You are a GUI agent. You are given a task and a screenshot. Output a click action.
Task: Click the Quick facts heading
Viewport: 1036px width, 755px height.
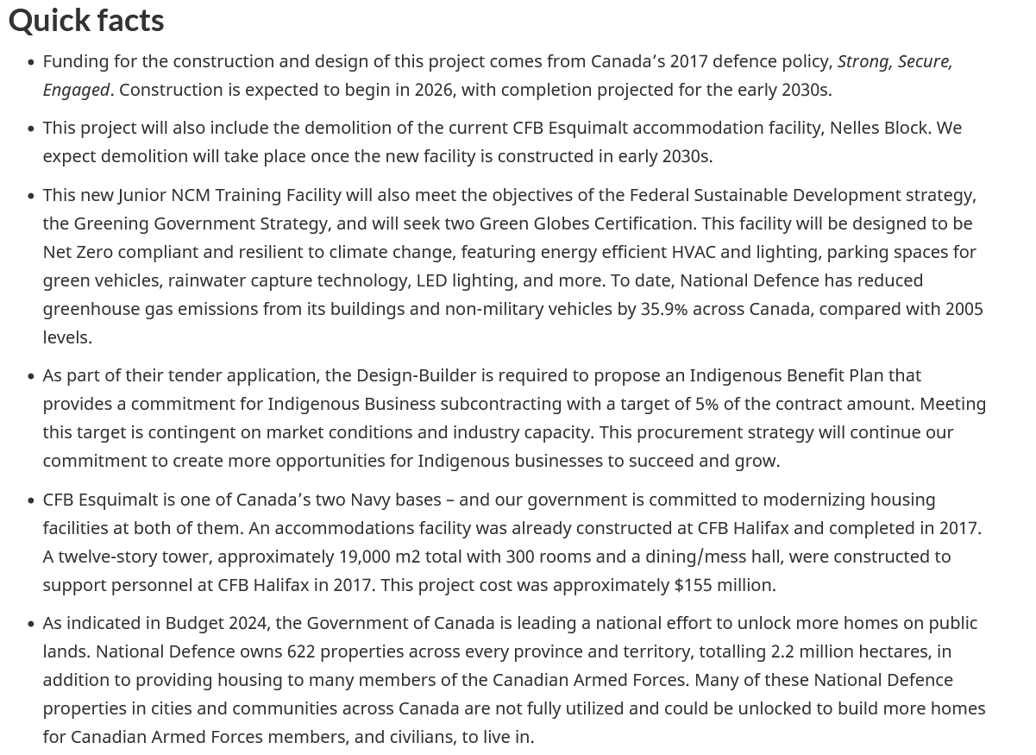[86, 20]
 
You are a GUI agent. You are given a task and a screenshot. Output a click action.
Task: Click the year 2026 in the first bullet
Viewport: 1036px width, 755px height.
[434, 90]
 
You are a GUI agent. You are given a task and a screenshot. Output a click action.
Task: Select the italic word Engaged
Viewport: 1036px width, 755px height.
[76, 90]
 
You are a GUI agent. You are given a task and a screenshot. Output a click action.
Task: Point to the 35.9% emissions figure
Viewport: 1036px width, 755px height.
[663, 309]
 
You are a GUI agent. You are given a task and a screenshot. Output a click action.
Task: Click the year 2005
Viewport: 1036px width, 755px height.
[964, 309]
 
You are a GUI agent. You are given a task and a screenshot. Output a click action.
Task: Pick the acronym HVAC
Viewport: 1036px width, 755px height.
[694, 252]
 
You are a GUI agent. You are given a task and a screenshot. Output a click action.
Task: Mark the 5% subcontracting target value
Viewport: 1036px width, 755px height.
[706, 404]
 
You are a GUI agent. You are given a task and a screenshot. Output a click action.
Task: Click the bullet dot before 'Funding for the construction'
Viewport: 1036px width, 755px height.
[31, 62]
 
